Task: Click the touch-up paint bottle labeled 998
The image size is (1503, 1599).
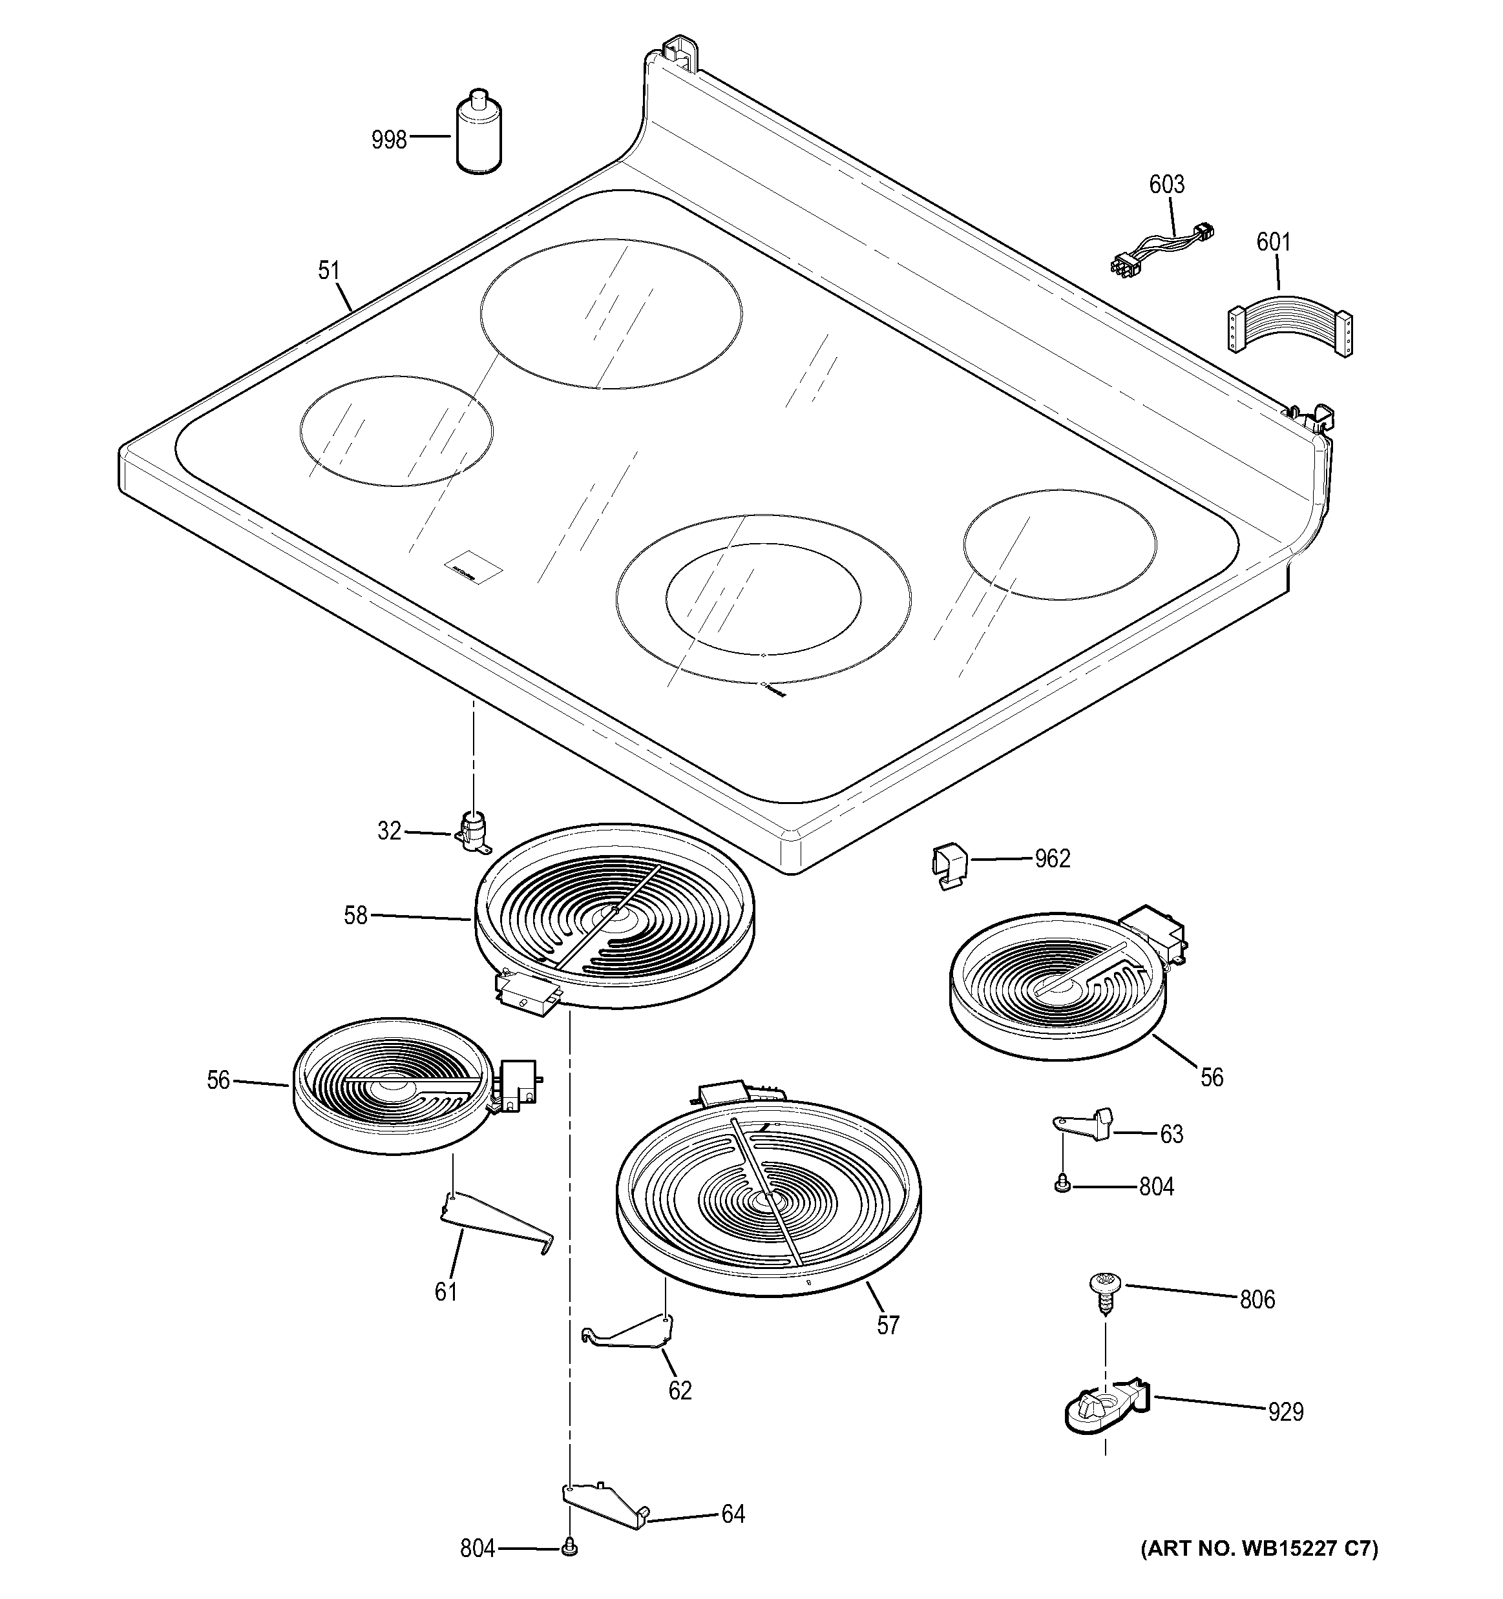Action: [x=479, y=133]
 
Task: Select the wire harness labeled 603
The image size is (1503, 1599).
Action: [x=1161, y=246]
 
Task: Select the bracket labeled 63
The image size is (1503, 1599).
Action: [x=1086, y=1122]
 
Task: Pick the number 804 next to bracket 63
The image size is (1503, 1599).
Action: [x=1156, y=1186]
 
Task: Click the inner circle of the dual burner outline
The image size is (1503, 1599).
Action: [x=762, y=599]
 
